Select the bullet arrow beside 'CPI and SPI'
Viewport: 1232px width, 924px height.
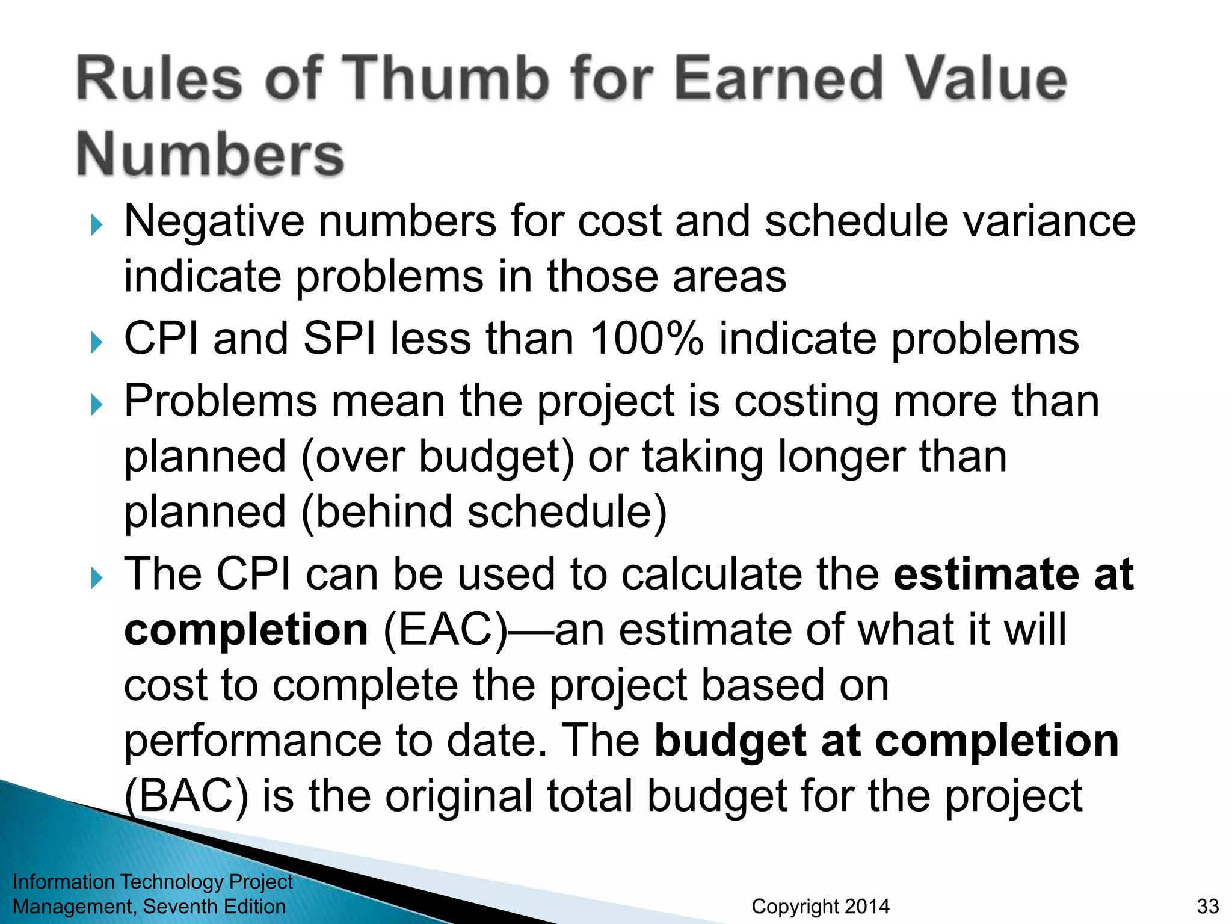97,343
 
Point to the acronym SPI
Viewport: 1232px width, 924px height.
339,339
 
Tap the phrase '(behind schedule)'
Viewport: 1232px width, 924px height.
484,513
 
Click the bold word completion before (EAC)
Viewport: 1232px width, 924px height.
246,630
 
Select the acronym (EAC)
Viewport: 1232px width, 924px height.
446,630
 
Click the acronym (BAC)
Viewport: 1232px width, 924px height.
186,796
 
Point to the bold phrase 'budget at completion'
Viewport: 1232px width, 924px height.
886,741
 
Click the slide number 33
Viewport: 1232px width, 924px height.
1207,907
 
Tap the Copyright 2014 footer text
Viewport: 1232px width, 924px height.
821,907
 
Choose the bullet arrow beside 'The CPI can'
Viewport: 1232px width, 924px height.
97,579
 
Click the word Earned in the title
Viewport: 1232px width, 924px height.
779,78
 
